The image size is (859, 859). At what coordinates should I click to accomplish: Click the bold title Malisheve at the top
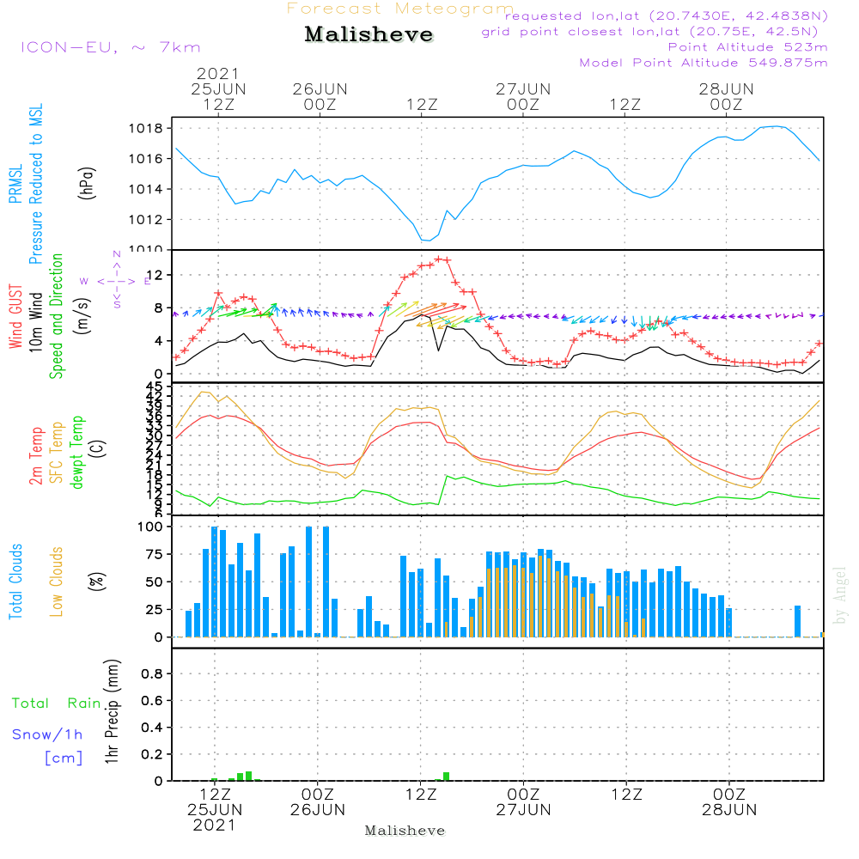coord(369,35)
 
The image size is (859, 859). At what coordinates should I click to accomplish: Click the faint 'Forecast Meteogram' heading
coord(400,9)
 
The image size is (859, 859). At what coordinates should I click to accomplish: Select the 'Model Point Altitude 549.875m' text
coord(704,63)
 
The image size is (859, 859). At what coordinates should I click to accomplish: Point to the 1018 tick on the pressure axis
coord(149,128)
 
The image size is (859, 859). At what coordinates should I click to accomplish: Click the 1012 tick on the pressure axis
coord(149,220)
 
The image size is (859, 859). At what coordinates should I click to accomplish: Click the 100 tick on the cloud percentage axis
coord(151,527)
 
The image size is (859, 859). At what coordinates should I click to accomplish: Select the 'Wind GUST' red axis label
coord(15,317)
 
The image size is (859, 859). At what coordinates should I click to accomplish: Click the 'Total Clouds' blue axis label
coord(15,582)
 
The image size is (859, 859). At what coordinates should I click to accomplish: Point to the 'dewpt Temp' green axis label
coord(77,453)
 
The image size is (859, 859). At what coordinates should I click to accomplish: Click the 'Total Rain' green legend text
coord(56,704)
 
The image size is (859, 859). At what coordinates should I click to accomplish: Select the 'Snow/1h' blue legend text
coord(48,734)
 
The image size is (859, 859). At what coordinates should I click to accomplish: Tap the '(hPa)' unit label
coord(87,182)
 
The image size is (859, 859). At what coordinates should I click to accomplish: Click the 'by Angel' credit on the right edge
coord(840,595)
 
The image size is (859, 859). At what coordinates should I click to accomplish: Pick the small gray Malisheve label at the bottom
coord(405,831)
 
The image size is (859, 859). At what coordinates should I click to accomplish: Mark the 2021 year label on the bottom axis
coord(214,825)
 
